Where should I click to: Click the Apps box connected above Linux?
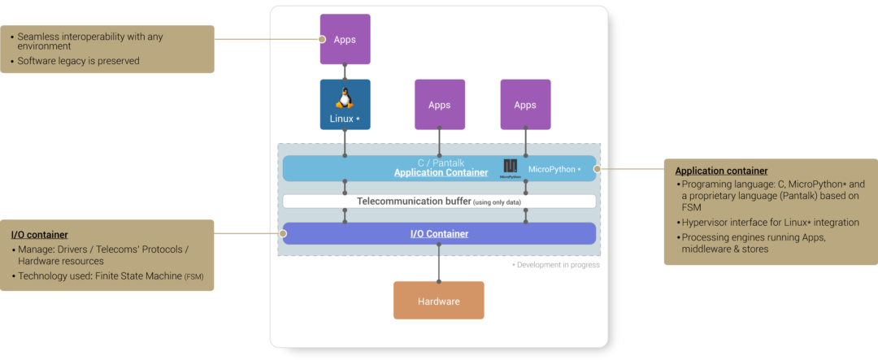(x=345, y=39)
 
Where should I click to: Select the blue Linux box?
(x=345, y=105)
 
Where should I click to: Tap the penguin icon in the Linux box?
(x=345, y=98)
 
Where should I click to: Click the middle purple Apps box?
(x=440, y=105)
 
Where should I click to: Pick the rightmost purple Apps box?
(x=525, y=105)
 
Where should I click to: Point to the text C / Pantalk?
(x=441, y=163)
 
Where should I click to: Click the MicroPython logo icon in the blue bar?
(x=510, y=167)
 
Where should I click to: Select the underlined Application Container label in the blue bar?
(x=441, y=173)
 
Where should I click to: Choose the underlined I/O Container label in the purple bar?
(x=439, y=234)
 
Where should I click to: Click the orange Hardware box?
(x=439, y=301)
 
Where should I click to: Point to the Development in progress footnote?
(x=556, y=265)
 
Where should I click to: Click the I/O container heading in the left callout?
(x=39, y=235)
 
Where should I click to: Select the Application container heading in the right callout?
(x=721, y=171)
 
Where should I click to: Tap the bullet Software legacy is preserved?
(x=78, y=61)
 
